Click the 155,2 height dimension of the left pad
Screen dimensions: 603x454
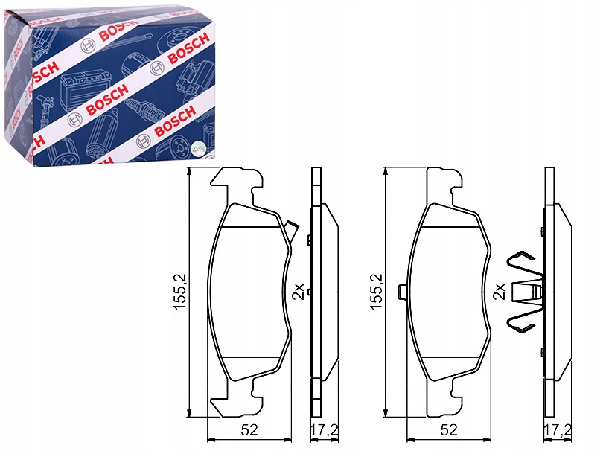pos(181,291)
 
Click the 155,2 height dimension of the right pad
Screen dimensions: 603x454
pos(377,291)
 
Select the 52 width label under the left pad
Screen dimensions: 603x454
pos(249,429)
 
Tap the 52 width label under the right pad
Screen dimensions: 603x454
pos(448,429)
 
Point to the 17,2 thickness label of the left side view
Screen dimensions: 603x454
pos(324,429)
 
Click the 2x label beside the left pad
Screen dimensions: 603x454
pos(299,292)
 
